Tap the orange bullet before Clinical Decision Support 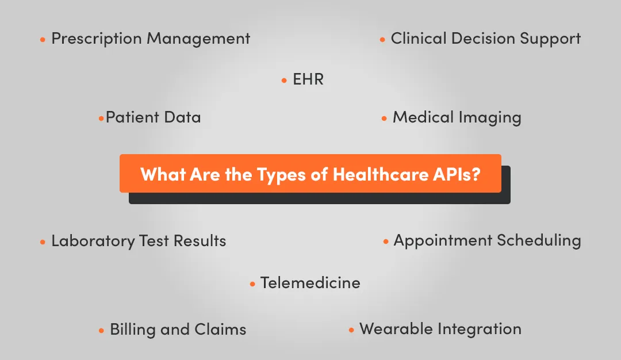[382, 40]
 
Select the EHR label [308, 79]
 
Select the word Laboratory [93, 241]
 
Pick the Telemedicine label [310, 283]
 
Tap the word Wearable [396, 329]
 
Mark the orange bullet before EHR [284, 81]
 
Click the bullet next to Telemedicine [252, 285]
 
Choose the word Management [198, 39]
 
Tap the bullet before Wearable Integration [351, 331]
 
